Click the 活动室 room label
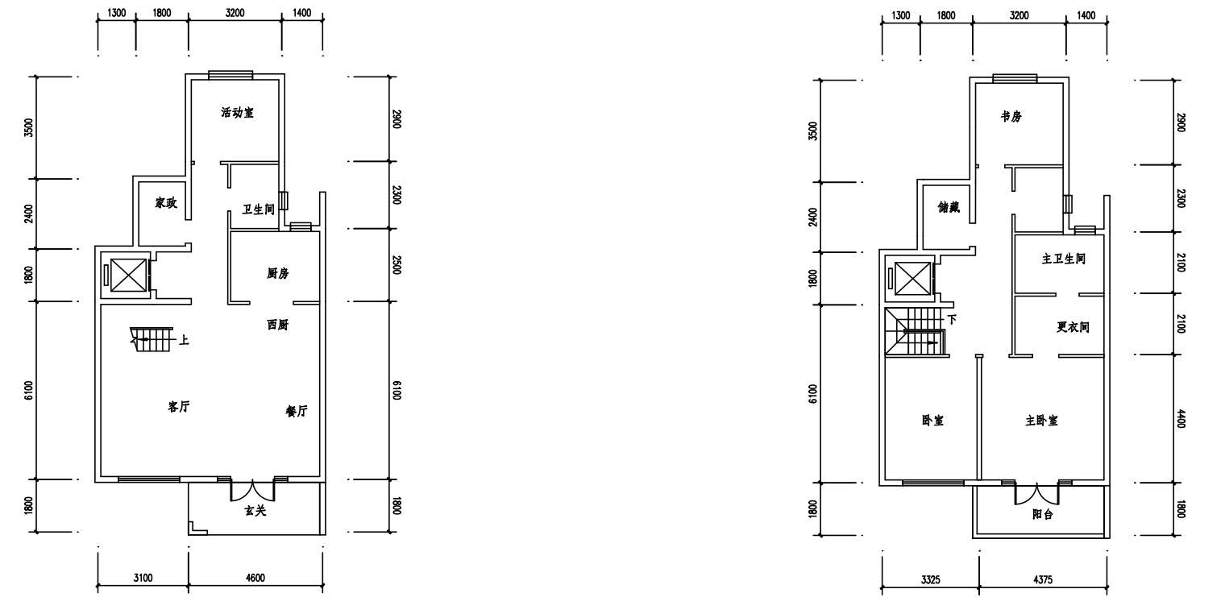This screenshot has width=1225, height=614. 237,113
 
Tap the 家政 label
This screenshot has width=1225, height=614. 166,203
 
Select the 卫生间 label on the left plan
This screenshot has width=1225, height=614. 258,210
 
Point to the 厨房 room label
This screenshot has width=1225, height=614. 278,273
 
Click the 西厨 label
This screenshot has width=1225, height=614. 278,325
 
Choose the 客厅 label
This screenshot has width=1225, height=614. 179,407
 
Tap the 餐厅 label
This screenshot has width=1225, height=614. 297,411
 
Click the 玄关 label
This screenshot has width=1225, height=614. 255,511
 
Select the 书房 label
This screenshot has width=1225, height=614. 1011,117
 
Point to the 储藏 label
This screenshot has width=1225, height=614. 949,207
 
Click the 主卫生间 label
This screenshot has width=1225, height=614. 1064,259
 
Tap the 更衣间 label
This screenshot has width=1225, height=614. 1073,327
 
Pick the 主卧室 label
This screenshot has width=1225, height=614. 1042,421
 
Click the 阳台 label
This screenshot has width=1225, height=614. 1043,515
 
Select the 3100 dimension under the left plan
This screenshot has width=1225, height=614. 143,578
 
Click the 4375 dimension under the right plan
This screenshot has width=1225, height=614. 1043,579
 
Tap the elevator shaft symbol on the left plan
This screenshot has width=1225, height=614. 128,275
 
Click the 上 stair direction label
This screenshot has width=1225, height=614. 185,341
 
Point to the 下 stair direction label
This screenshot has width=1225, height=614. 952,319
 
